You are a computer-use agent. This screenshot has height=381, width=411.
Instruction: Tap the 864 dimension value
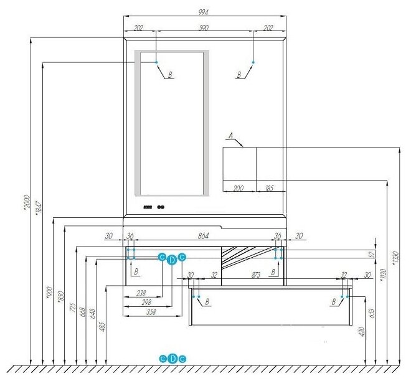click(x=203, y=236)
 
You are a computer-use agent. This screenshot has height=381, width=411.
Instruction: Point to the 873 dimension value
click(x=273, y=275)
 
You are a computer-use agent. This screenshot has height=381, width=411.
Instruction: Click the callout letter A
click(x=230, y=135)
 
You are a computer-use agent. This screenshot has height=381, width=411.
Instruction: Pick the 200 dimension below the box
click(x=239, y=187)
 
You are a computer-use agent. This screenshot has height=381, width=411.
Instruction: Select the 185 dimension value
click(x=269, y=187)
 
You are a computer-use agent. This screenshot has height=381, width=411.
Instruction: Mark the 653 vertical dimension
click(x=371, y=314)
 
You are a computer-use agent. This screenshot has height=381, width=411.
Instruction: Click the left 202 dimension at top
click(x=138, y=28)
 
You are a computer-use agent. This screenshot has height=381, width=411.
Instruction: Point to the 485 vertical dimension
click(x=103, y=324)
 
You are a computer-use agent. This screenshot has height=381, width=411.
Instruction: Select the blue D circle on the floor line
click(x=173, y=358)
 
